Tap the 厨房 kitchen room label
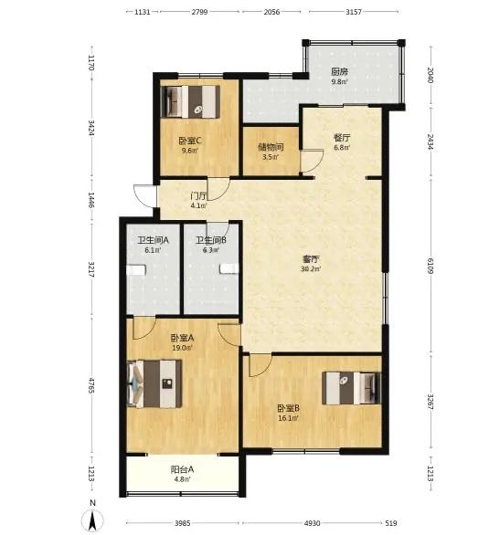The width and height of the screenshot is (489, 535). point(339,71)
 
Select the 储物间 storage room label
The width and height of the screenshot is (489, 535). point(271,147)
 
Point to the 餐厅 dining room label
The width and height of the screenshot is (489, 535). point(342,138)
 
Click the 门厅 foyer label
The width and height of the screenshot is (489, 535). point(198,196)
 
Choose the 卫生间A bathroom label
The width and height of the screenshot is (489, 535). point(153,240)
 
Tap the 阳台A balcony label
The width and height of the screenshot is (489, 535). point(182,469)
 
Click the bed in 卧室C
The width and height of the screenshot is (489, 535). point(190,101)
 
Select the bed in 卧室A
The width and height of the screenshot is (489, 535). point(154,383)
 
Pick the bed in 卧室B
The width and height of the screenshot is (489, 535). point(351,388)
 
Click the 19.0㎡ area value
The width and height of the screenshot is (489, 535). point(182,348)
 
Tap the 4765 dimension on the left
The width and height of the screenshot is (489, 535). point(91,385)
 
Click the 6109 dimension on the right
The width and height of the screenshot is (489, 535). point(431,267)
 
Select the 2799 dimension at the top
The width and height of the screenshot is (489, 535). point(199,12)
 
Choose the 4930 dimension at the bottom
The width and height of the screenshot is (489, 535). point(312,523)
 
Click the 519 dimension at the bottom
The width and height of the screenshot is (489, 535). point(391,523)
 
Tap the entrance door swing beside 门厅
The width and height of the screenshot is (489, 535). point(145,195)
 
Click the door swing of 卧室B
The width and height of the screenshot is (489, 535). point(260,366)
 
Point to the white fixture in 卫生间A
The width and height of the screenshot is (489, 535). point(136,270)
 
